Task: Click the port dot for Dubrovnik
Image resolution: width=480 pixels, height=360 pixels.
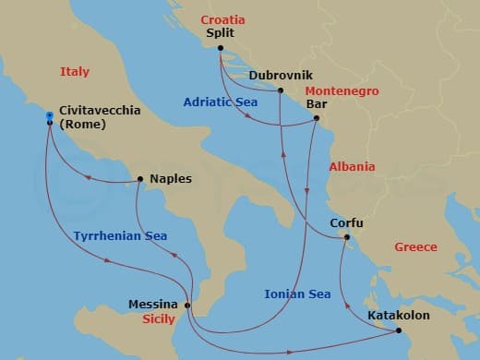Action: tap(281, 90)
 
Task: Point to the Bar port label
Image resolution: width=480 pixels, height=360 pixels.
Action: tap(318, 104)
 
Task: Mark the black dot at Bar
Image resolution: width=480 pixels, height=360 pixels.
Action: tap(317, 118)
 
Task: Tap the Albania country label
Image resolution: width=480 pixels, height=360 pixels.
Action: tap(352, 167)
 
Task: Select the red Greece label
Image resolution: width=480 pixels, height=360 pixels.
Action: tap(415, 247)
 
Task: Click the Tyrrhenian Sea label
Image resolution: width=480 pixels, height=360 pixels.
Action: tap(120, 237)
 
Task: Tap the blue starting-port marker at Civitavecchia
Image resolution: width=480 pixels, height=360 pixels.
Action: tap(49, 115)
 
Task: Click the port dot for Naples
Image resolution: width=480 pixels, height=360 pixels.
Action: tap(139, 179)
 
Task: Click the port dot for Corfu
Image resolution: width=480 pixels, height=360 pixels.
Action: tap(346, 237)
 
